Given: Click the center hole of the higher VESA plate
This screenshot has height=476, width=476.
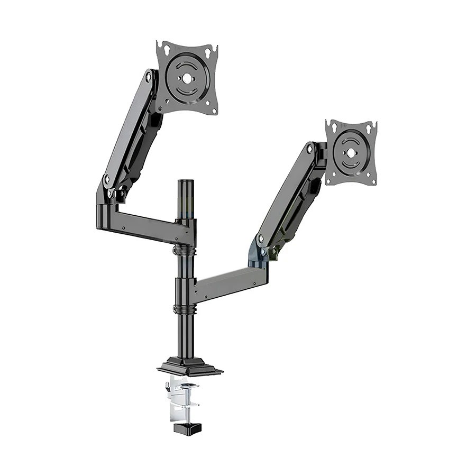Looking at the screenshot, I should (x=187, y=77).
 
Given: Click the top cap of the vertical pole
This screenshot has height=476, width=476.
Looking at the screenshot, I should (x=185, y=182).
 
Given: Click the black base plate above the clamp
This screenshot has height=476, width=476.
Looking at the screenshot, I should (x=189, y=366).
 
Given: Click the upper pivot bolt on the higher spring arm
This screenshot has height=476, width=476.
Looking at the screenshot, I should (x=149, y=78).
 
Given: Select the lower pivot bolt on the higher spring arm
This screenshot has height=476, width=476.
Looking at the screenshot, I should (x=107, y=180).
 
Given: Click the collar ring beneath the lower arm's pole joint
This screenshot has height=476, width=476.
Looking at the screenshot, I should (x=185, y=309).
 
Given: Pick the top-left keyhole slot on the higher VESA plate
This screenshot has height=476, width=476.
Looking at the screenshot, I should (x=167, y=49).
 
